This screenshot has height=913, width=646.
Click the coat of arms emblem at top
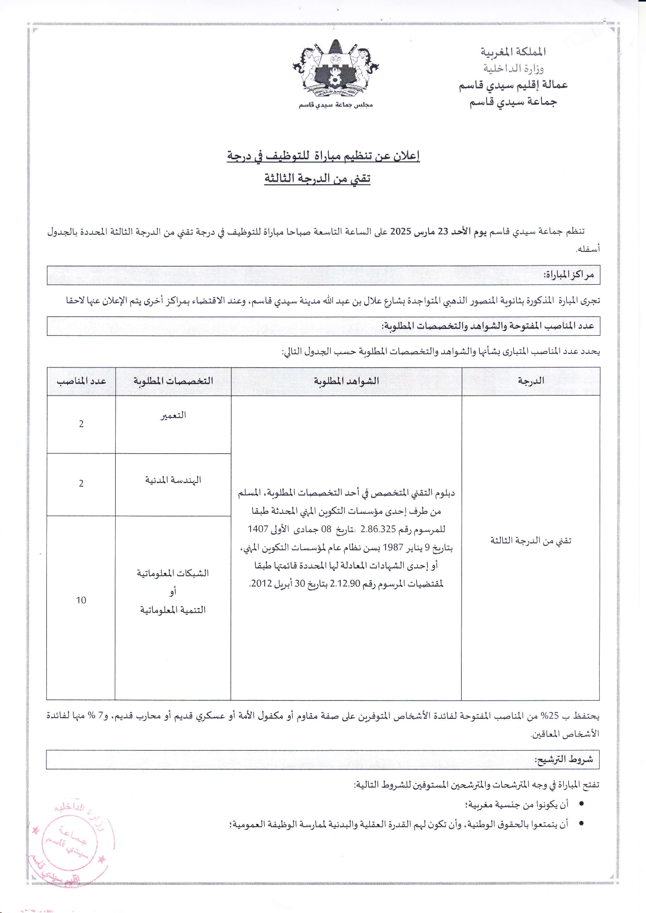[x=336, y=70]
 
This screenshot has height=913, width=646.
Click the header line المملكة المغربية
[x=513, y=52]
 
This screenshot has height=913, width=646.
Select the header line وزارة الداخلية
[x=513, y=68]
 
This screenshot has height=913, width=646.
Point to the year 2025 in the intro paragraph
[x=401, y=231]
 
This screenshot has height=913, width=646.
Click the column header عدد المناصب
[x=81, y=381]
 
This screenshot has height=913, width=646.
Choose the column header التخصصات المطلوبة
[x=173, y=381]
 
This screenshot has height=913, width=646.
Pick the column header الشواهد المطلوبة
[x=346, y=381]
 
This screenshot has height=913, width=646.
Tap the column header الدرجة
[x=530, y=381]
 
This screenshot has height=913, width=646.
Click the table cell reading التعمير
[x=173, y=415]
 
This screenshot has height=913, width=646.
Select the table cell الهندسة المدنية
[x=173, y=480]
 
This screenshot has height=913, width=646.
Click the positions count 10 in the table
[x=81, y=600]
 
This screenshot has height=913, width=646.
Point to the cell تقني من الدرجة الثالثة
[x=530, y=541]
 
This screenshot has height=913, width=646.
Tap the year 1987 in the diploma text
[x=393, y=548]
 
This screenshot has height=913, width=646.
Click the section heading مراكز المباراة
[x=568, y=275]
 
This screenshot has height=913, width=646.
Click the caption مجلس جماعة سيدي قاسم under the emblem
[x=336, y=105]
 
